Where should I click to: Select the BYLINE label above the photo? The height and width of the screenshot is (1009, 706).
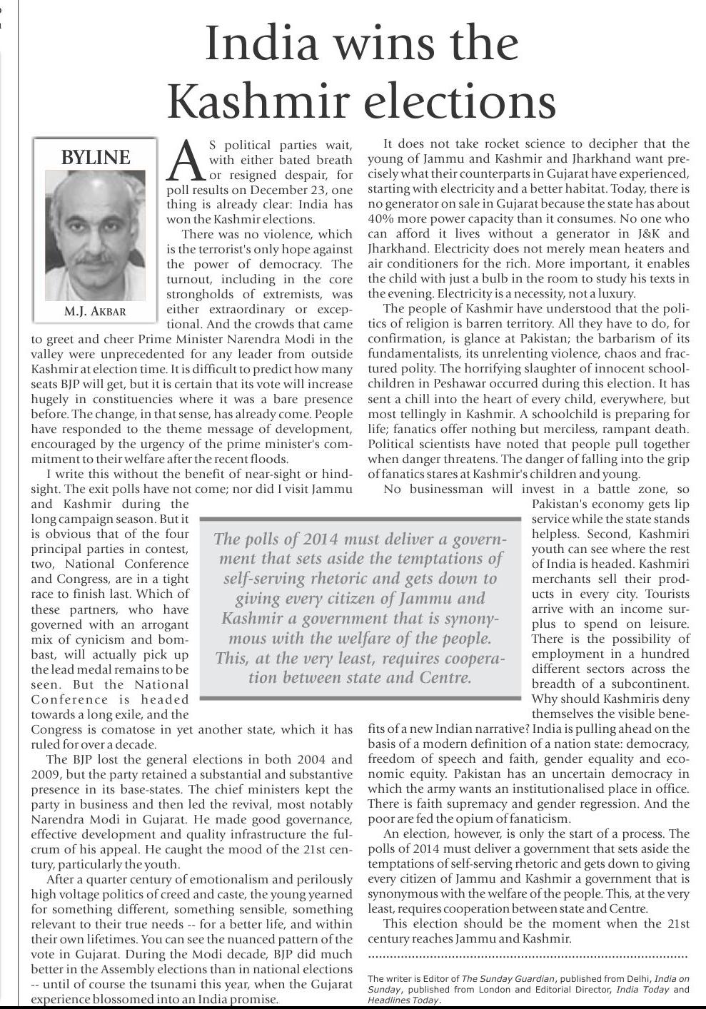coord(95,158)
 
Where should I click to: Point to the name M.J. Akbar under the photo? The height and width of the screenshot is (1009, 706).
coord(94,312)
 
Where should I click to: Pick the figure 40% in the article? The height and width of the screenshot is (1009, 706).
coord(382,219)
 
